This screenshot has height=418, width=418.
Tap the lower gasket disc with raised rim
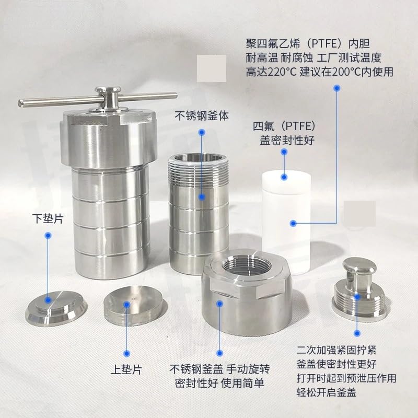[56, 307]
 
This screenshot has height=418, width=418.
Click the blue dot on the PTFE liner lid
[284, 152]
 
